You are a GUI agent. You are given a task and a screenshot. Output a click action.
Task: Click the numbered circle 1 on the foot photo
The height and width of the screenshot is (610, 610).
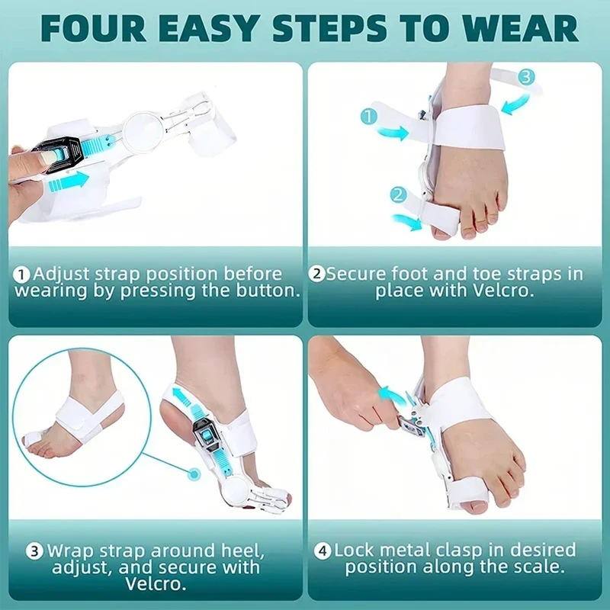(369, 117)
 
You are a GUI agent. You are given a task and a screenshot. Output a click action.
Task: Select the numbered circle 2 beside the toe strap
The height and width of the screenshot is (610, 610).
(396, 195)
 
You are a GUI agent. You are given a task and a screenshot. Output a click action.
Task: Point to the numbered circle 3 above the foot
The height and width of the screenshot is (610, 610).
(527, 76)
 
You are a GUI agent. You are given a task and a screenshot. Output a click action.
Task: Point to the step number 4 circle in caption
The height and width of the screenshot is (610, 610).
(324, 550)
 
